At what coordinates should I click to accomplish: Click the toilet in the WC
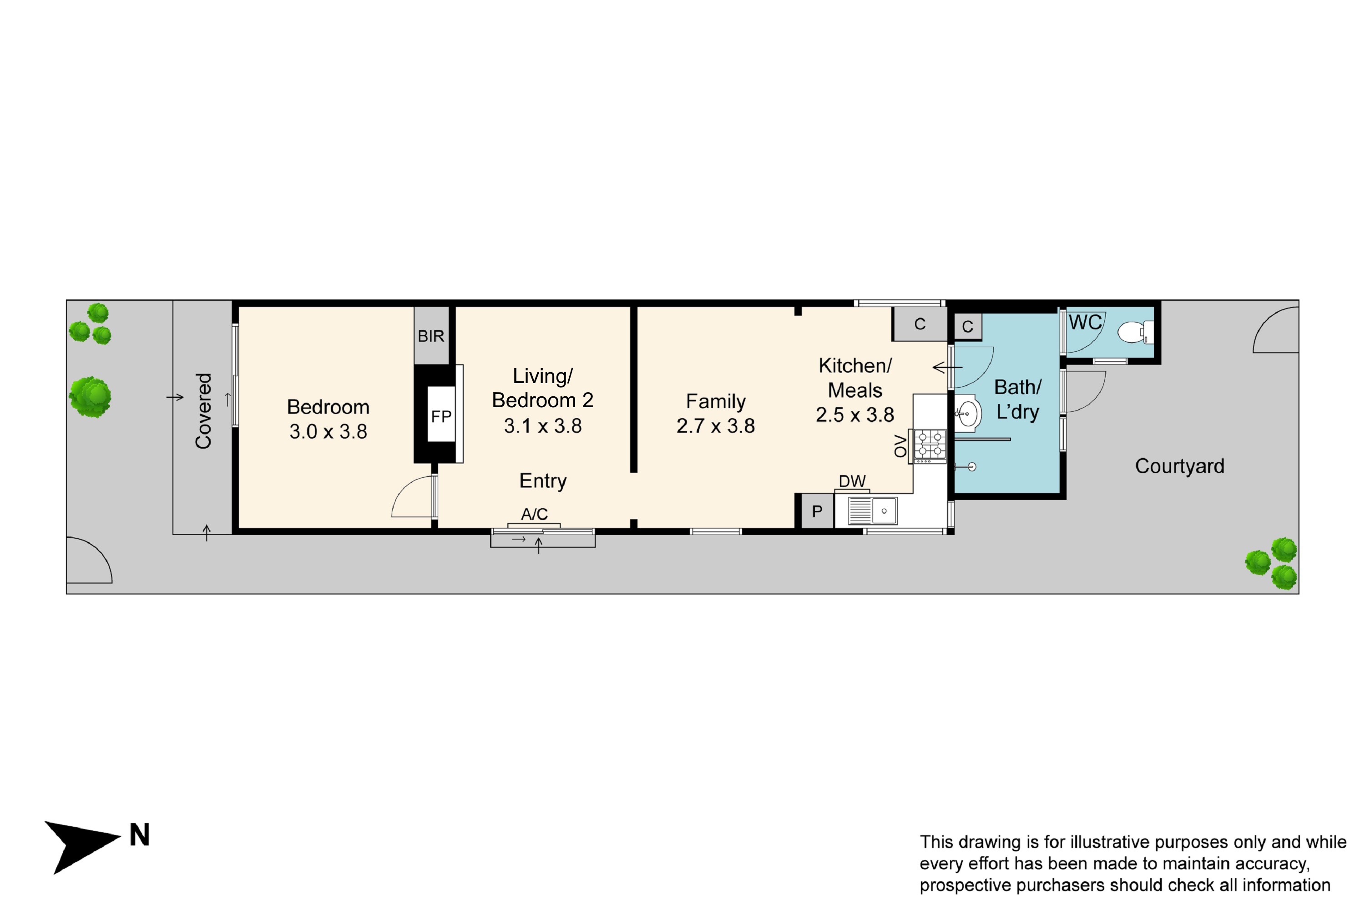(1135, 333)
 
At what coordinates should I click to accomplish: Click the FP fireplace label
(441, 416)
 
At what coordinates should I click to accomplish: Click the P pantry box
(817, 511)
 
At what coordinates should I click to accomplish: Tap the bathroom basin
(967, 414)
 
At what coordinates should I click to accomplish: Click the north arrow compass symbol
(82, 847)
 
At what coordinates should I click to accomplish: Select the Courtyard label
(1179, 466)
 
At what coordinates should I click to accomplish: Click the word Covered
(203, 411)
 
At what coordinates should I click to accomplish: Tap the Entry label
(543, 480)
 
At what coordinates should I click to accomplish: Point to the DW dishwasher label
(852, 481)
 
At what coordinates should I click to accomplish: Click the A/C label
(534, 514)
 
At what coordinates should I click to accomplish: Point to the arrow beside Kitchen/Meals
(947, 367)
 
